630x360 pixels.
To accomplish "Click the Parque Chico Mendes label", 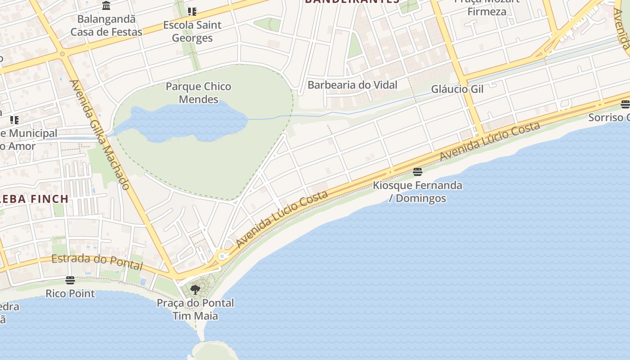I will tap(198, 93).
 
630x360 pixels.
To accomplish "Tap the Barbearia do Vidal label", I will tap(352, 85).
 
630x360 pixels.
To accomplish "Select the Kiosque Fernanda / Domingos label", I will tap(418, 192).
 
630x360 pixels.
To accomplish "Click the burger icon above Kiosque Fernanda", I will tap(418, 171).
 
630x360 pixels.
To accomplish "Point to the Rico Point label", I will tap(70, 294).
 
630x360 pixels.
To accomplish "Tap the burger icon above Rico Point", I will tap(70, 280).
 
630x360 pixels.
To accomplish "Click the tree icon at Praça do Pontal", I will tap(195, 289).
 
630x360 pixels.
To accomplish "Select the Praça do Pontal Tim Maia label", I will tap(195, 309).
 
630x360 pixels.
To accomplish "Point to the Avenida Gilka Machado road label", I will tap(100, 134).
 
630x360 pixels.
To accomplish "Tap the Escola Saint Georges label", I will tap(192, 31).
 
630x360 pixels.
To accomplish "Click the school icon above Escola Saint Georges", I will tap(192, 12).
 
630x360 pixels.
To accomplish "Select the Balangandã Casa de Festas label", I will tap(106, 26).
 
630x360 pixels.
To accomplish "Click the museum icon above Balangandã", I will tap(106, 6).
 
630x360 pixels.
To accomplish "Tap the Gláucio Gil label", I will tap(457, 89).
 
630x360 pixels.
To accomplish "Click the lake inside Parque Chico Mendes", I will tap(180, 121).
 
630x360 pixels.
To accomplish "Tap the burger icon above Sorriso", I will tap(625, 104).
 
